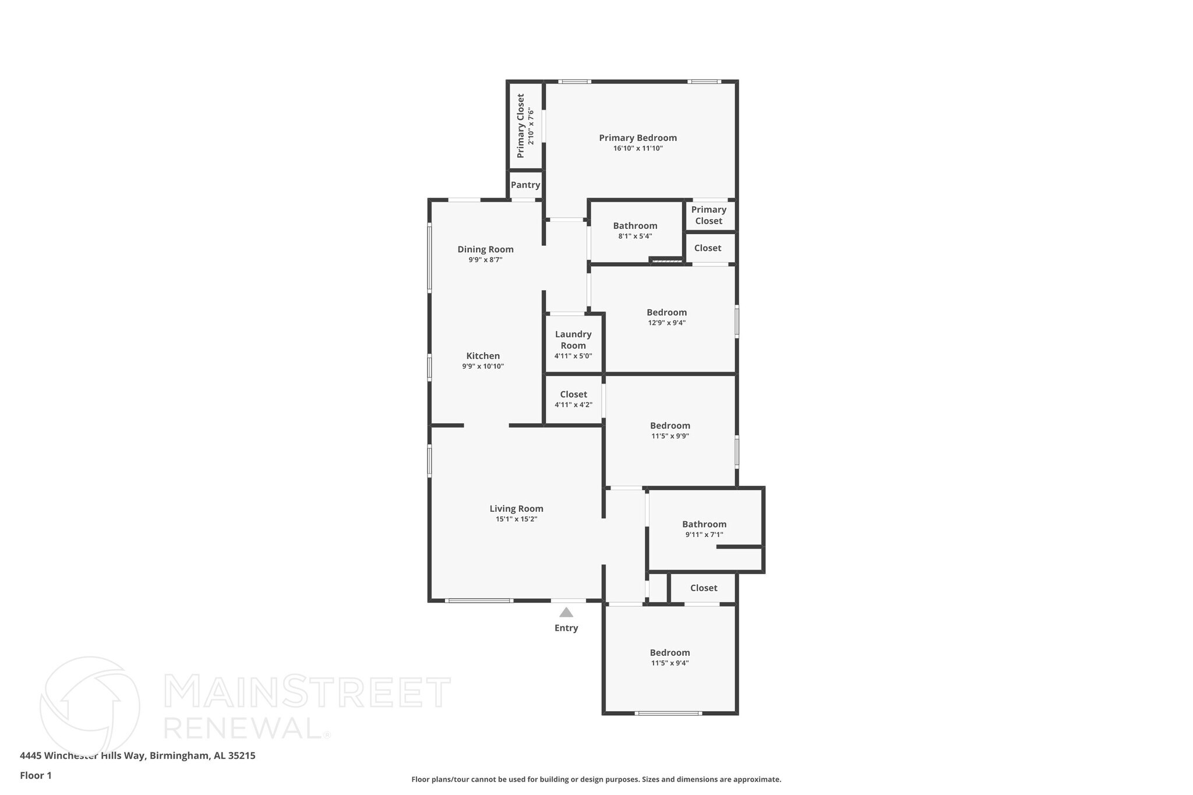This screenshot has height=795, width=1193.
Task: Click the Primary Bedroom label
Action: [x=638, y=138]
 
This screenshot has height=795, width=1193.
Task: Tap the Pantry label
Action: [x=525, y=185]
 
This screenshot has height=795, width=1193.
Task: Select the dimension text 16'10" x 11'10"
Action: [x=638, y=149]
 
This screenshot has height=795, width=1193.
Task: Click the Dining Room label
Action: [x=485, y=249]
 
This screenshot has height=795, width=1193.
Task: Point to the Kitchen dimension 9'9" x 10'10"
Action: [x=483, y=366]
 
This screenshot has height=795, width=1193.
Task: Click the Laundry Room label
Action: [x=573, y=340]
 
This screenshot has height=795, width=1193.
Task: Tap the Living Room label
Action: [x=516, y=508]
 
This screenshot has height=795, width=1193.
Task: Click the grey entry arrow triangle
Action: [x=566, y=613]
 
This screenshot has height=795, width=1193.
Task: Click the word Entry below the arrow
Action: [x=566, y=628]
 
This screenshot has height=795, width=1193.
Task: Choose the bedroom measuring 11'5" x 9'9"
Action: [x=670, y=430]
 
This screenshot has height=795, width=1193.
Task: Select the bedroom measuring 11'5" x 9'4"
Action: [x=670, y=657]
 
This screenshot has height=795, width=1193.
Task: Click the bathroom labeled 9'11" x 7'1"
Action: [x=704, y=528]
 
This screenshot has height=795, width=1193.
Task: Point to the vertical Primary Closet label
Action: [x=521, y=126]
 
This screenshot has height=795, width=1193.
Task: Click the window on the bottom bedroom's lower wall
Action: [x=668, y=713]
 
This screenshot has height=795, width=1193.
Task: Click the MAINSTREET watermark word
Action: [x=307, y=692]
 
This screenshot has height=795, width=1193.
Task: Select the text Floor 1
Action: [x=36, y=775]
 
